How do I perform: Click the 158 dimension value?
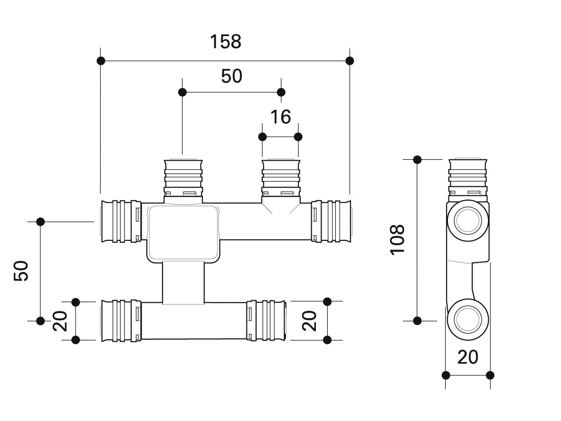pyautogui.click(x=226, y=42)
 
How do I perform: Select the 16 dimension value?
pyautogui.click(x=280, y=117)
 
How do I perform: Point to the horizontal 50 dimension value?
pyautogui.click(x=231, y=76)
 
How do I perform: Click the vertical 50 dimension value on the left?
pyautogui.click(x=21, y=271)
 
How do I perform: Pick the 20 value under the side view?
pyautogui.click(x=467, y=357)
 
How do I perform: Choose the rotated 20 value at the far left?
pyautogui.click(x=60, y=321)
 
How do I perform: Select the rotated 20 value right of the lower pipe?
pyautogui.click(x=309, y=321)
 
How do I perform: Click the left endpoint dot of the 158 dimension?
pyautogui.click(x=101, y=61)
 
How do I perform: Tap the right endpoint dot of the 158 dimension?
pyautogui.click(x=350, y=61)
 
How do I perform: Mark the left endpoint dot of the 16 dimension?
pyautogui.click(x=262, y=137)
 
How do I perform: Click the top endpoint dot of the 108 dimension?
pyautogui.click(x=418, y=159)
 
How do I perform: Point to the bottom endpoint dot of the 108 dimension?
pyautogui.click(x=418, y=321)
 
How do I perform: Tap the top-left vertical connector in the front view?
pyautogui.click(x=183, y=178)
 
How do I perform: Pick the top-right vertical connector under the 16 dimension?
pyautogui.click(x=281, y=178)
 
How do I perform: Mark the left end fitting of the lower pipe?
pyautogui.click(x=120, y=320)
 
